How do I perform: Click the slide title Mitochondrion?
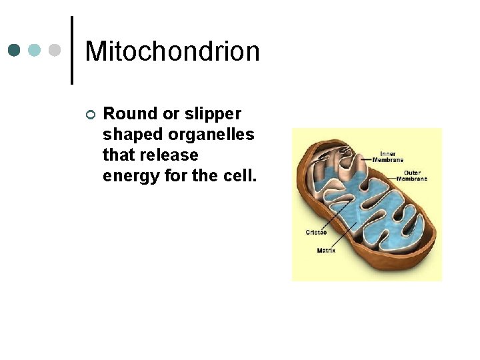coord(172,51)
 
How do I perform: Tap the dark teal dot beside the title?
coord(15,50)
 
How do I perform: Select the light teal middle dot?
coord(35,50)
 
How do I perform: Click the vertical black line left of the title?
coord(71,50)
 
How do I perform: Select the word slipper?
coord(217,114)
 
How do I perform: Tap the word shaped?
coord(133,135)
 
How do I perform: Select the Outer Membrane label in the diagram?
coord(412,175)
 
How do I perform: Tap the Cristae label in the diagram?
coord(315,232)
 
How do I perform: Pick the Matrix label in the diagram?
coord(326,251)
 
